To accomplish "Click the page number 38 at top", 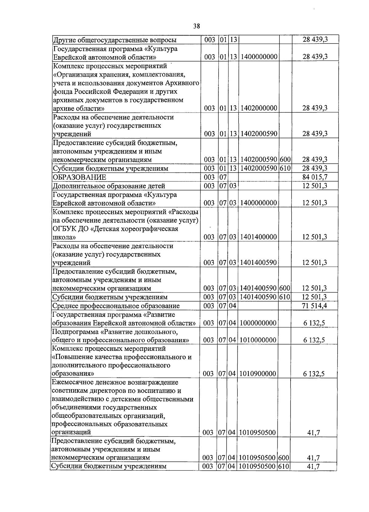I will tap(196, 26).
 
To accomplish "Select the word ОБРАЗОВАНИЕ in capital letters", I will tap(79, 177).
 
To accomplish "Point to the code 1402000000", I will tap(259, 108).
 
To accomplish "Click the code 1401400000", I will tap(258, 237).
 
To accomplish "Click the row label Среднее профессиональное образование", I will tap(116, 306).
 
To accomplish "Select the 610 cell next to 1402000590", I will tap(285, 168).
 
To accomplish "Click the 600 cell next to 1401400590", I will tap(285, 288).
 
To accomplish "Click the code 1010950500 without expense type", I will tap(257, 432).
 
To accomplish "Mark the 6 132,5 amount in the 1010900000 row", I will tap(314, 374).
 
